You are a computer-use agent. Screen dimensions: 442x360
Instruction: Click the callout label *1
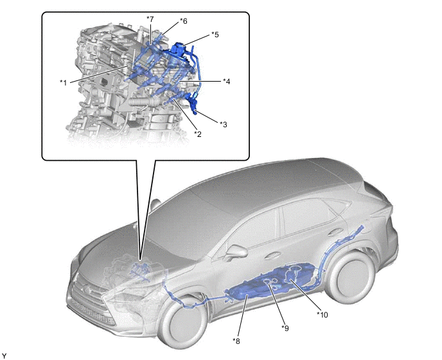pyautogui.click(x=64, y=83)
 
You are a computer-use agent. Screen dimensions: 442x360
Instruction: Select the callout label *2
pyautogui.click(x=198, y=134)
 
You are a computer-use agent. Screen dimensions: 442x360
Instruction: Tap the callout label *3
pyautogui.click(x=224, y=125)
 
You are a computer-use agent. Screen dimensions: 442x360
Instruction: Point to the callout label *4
pyautogui.click(x=226, y=82)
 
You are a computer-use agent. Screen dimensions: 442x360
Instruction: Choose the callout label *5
pyautogui.click(x=215, y=35)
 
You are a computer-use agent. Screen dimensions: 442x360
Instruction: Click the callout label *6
pyautogui.click(x=184, y=21)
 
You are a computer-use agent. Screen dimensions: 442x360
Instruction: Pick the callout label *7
pyautogui.click(x=150, y=19)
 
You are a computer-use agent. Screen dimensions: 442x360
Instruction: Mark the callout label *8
pyautogui.click(x=236, y=341)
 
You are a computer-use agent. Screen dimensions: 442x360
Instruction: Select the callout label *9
pyautogui.click(x=285, y=328)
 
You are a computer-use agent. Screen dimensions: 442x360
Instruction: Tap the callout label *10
pyautogui.click(x=323, y=314)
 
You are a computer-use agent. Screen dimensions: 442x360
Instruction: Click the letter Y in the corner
pyautogui.click(x=4, y=356)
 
